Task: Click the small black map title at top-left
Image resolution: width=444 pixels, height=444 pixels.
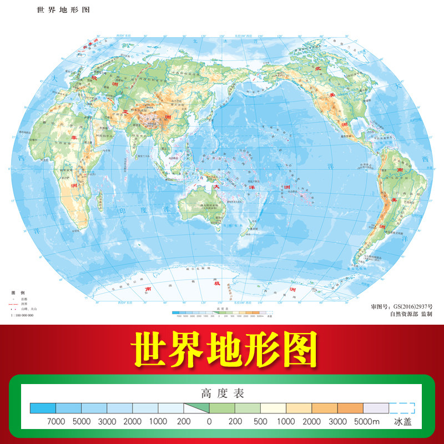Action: pyautogui.click(x=62, y=10)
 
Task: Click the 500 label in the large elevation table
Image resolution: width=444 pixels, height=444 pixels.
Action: pyautogui.click(x=261, y=422)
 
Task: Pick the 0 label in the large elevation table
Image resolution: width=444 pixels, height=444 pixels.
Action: pyautogui.click(x=209, y=422)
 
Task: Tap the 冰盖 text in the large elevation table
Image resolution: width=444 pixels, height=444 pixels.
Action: pyautogui.click(x=403, y=422)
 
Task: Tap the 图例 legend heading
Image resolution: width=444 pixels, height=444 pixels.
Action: pyautogui.click(x=18, y=292)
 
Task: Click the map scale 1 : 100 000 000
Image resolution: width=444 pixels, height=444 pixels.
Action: pyautogui.click(x=22, y=315)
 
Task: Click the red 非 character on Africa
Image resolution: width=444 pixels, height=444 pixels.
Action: pyautogui.click(x=72, y=135)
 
